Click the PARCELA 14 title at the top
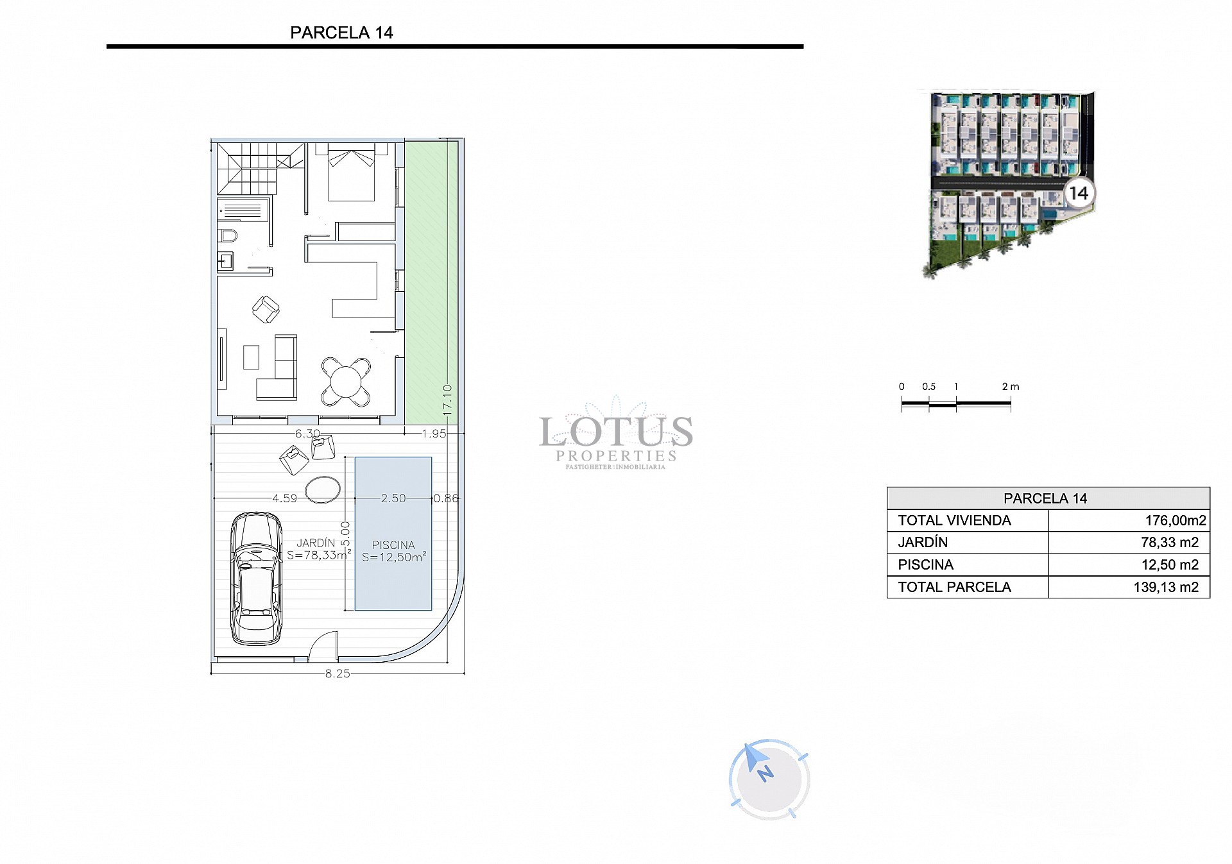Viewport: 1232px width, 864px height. coord(341,33)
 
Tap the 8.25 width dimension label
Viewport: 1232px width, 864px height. coord(338,673)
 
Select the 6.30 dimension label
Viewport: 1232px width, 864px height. coord(307,434)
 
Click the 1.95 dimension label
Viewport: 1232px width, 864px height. coord(434,434)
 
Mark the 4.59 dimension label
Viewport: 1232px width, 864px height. coord(285,498)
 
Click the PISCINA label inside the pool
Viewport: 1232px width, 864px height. coord(393,545)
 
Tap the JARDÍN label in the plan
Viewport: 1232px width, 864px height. coord(316,543)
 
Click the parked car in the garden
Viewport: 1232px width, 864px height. coord(257,578)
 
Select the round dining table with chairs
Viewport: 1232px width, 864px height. coord(346,382)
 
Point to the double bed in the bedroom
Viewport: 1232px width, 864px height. coord(351,173)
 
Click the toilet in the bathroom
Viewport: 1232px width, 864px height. coord(228,235)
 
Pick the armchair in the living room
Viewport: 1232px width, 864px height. coord(266,309)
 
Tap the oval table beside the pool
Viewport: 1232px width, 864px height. coord(323,489)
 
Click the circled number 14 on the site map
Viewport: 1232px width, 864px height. coord(1079,193)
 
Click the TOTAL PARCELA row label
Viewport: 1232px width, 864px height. coord(954,587)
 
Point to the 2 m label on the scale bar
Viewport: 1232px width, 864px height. coord(1010,387)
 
